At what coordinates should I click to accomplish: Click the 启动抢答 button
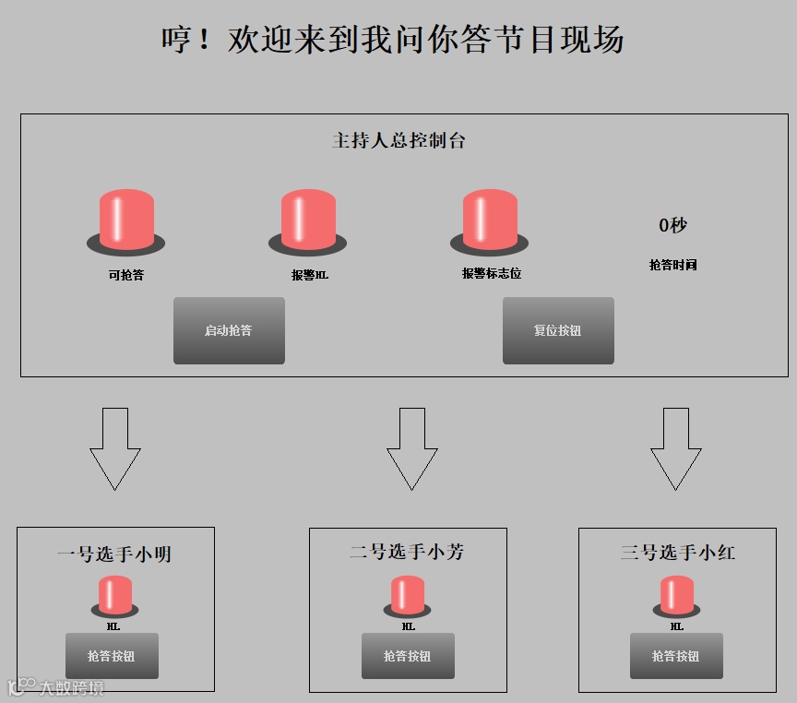pyautogui.click(x=229, y=330)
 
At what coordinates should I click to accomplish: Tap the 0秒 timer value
pyautogui.click(x=672, y=225)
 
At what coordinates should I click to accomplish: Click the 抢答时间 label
pyautogui.click(x=672, y=266)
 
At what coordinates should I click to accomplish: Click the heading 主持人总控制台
pyautogui.click(x=398, y=141)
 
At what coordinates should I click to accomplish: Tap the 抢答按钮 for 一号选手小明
pyautogui.click(x=112, y=656)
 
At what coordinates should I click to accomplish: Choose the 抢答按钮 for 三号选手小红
pyautogui.click(x=676, y=656)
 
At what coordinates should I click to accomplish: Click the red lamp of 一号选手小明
pyautogui.click(x=114, y=595)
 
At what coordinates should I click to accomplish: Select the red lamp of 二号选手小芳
pyautogui.click(x=407, y=595)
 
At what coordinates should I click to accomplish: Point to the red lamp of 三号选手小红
pyautogui.click(x=676, y=595)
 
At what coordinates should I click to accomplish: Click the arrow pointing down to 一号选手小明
pyautogui.click(x=115, y=447)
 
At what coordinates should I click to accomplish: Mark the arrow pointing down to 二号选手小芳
pyautogui.click(x=411, y=447)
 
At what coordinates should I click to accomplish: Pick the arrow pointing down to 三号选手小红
pyautogui.click(x=676, y=447)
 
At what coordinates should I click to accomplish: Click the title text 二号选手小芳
pyautogui.click(x=407, y=553)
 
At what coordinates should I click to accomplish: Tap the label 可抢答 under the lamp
pyautogui.click(x=125, y=275)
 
